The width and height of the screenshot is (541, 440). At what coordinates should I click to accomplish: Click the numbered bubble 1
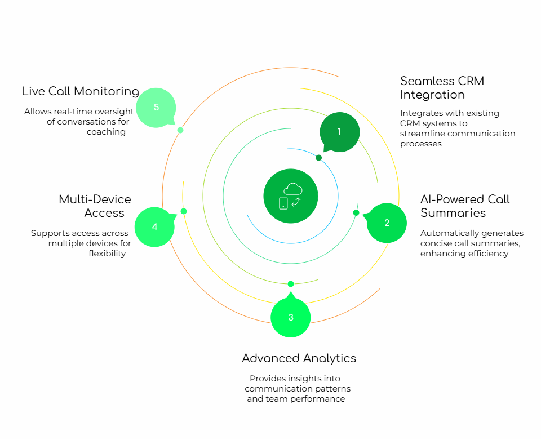339,132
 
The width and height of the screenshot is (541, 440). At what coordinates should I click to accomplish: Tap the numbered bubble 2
387,223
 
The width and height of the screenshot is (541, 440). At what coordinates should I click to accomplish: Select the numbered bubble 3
291,318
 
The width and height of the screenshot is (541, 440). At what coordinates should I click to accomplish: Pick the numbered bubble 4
155,226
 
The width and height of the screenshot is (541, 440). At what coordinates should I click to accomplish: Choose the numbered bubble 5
156,108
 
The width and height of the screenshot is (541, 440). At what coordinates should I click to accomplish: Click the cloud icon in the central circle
293,189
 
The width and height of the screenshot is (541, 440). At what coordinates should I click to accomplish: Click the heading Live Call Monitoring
81,91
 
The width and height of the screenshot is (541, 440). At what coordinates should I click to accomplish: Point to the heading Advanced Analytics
299,358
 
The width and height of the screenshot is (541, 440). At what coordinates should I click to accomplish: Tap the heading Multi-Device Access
95,206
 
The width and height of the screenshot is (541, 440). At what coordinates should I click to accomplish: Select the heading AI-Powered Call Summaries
465,206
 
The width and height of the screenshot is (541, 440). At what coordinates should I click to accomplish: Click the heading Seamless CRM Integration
442,87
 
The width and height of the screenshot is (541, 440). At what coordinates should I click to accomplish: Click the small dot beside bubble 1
318,158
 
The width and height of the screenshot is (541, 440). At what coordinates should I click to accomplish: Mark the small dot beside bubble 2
356,212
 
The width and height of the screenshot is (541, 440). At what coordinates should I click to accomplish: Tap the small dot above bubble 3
291,284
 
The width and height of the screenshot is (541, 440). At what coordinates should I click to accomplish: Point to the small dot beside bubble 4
184,211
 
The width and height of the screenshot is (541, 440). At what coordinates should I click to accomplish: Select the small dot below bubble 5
180,130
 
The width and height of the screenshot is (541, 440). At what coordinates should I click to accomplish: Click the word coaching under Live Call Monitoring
106,132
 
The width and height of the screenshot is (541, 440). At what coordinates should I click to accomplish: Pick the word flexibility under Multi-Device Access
107,254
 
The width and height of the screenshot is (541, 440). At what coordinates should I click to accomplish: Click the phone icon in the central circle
283,203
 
